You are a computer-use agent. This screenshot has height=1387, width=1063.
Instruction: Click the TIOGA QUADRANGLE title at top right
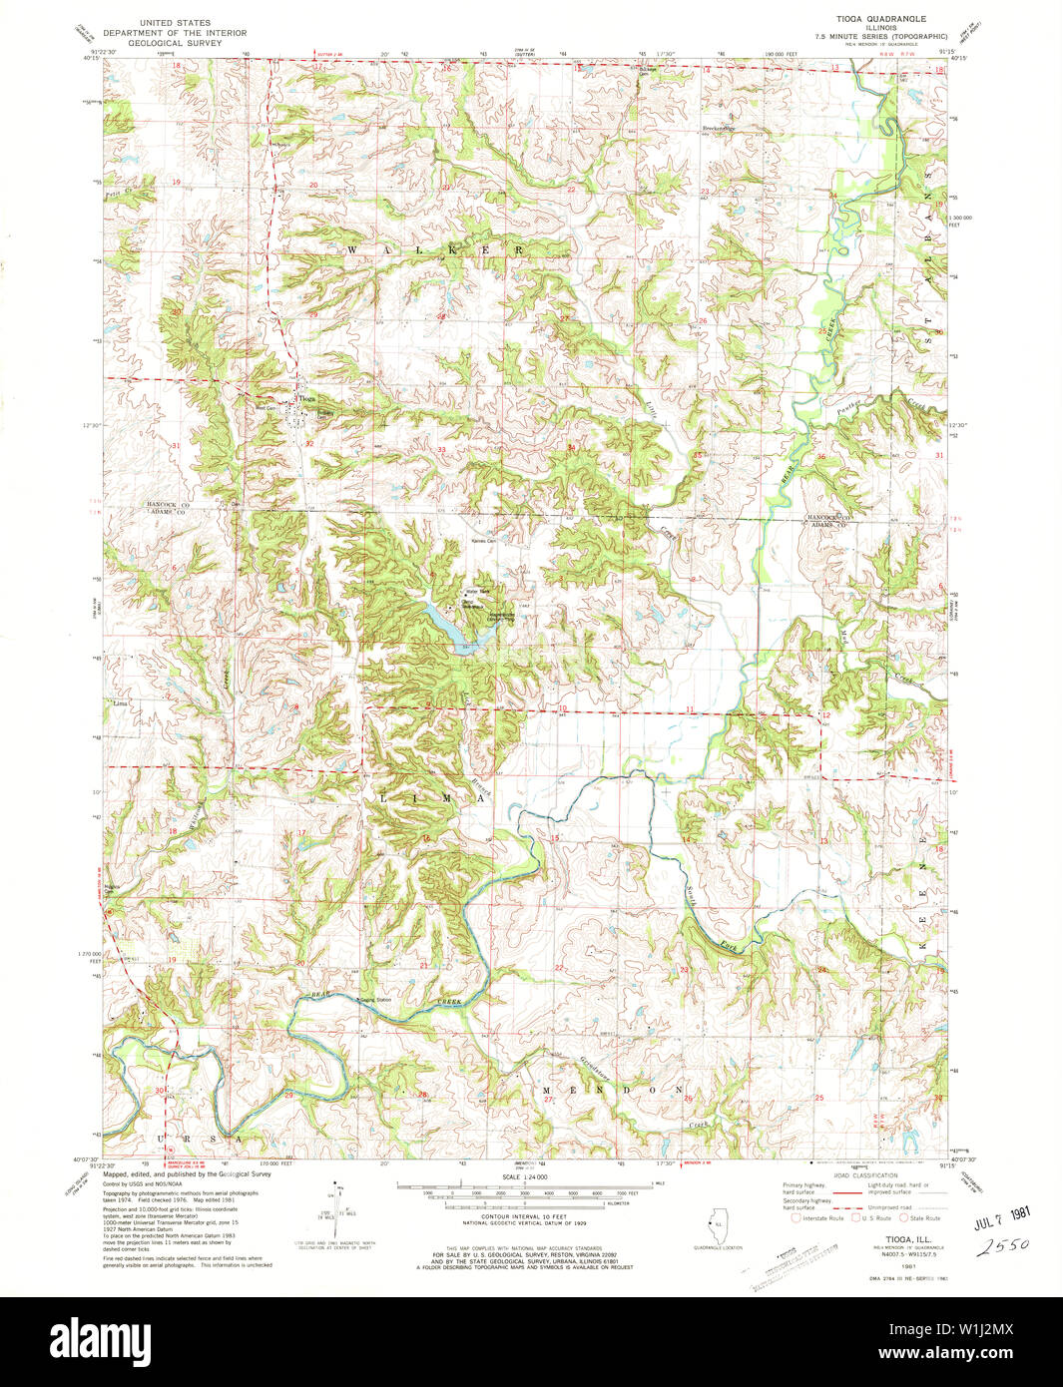(883, 19)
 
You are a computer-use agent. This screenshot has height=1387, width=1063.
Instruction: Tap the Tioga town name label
(306, 397)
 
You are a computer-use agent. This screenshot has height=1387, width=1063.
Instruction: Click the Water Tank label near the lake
(477, 591)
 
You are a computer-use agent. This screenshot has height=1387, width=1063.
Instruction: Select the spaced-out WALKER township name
(434, 248)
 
